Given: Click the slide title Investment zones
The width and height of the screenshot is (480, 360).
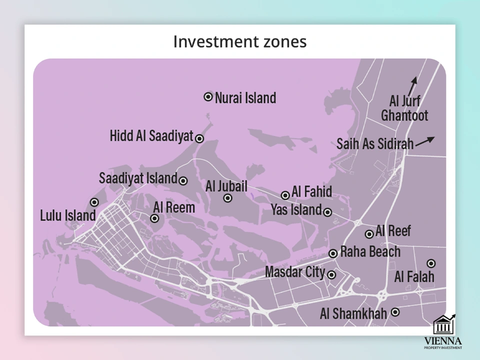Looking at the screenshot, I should (x=239, y=41).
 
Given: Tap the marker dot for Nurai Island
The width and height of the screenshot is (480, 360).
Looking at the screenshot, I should (x=208, y=96).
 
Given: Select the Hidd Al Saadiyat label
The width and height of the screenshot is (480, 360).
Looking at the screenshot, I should (x=151, y=136).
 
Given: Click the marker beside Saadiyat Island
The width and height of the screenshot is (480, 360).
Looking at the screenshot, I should (x=183, y=181).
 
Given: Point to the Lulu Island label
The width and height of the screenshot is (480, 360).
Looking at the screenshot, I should (x=67, y=216).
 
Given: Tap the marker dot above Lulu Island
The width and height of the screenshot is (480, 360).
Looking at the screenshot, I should (x=94, y=202).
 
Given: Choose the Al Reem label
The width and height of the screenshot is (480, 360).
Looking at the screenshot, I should (x=174, y=207).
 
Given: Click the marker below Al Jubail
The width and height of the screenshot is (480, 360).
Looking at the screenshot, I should (x=227, y=198).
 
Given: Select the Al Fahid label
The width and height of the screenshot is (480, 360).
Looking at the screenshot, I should (x=311, y=191).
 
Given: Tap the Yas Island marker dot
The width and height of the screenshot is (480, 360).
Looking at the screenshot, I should (x=327, y=212).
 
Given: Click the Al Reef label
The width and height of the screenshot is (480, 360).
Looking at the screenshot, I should (x=393, y=231).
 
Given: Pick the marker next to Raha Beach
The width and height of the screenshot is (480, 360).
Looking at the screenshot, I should (x=333, y=253).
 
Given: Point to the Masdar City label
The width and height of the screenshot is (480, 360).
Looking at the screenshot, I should (x=294, y=272).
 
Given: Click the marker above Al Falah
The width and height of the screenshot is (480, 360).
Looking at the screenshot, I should (x=431, y=263).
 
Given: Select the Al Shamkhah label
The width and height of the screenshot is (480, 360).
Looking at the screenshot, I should (x=353, y=314).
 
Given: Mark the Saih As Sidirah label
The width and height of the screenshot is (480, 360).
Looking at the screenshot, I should (x=375, y=144).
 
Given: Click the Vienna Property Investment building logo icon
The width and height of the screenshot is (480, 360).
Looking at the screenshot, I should (x=443, y=325).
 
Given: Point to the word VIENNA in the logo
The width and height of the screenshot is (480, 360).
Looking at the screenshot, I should (x=443, y=340).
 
